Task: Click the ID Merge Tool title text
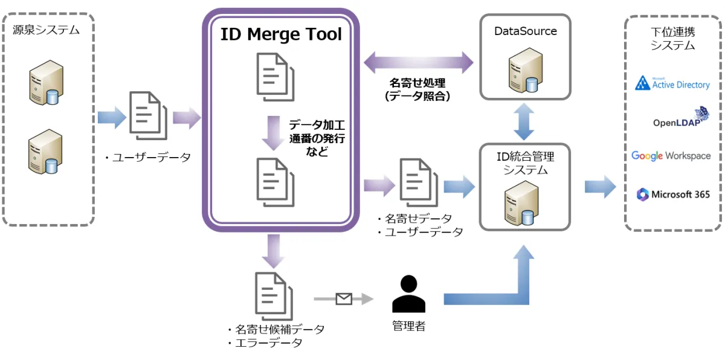(281, 34)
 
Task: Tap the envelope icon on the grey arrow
(344, 298)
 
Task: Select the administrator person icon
(409, 295)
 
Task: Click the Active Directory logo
(672, 83)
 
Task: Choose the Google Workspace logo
(671, 156)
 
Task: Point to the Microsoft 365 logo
(672, 194)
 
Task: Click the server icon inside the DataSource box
(524, 72)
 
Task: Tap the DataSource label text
(525, 31)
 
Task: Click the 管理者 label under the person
(409, 326)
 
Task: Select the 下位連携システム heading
(672, 37)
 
